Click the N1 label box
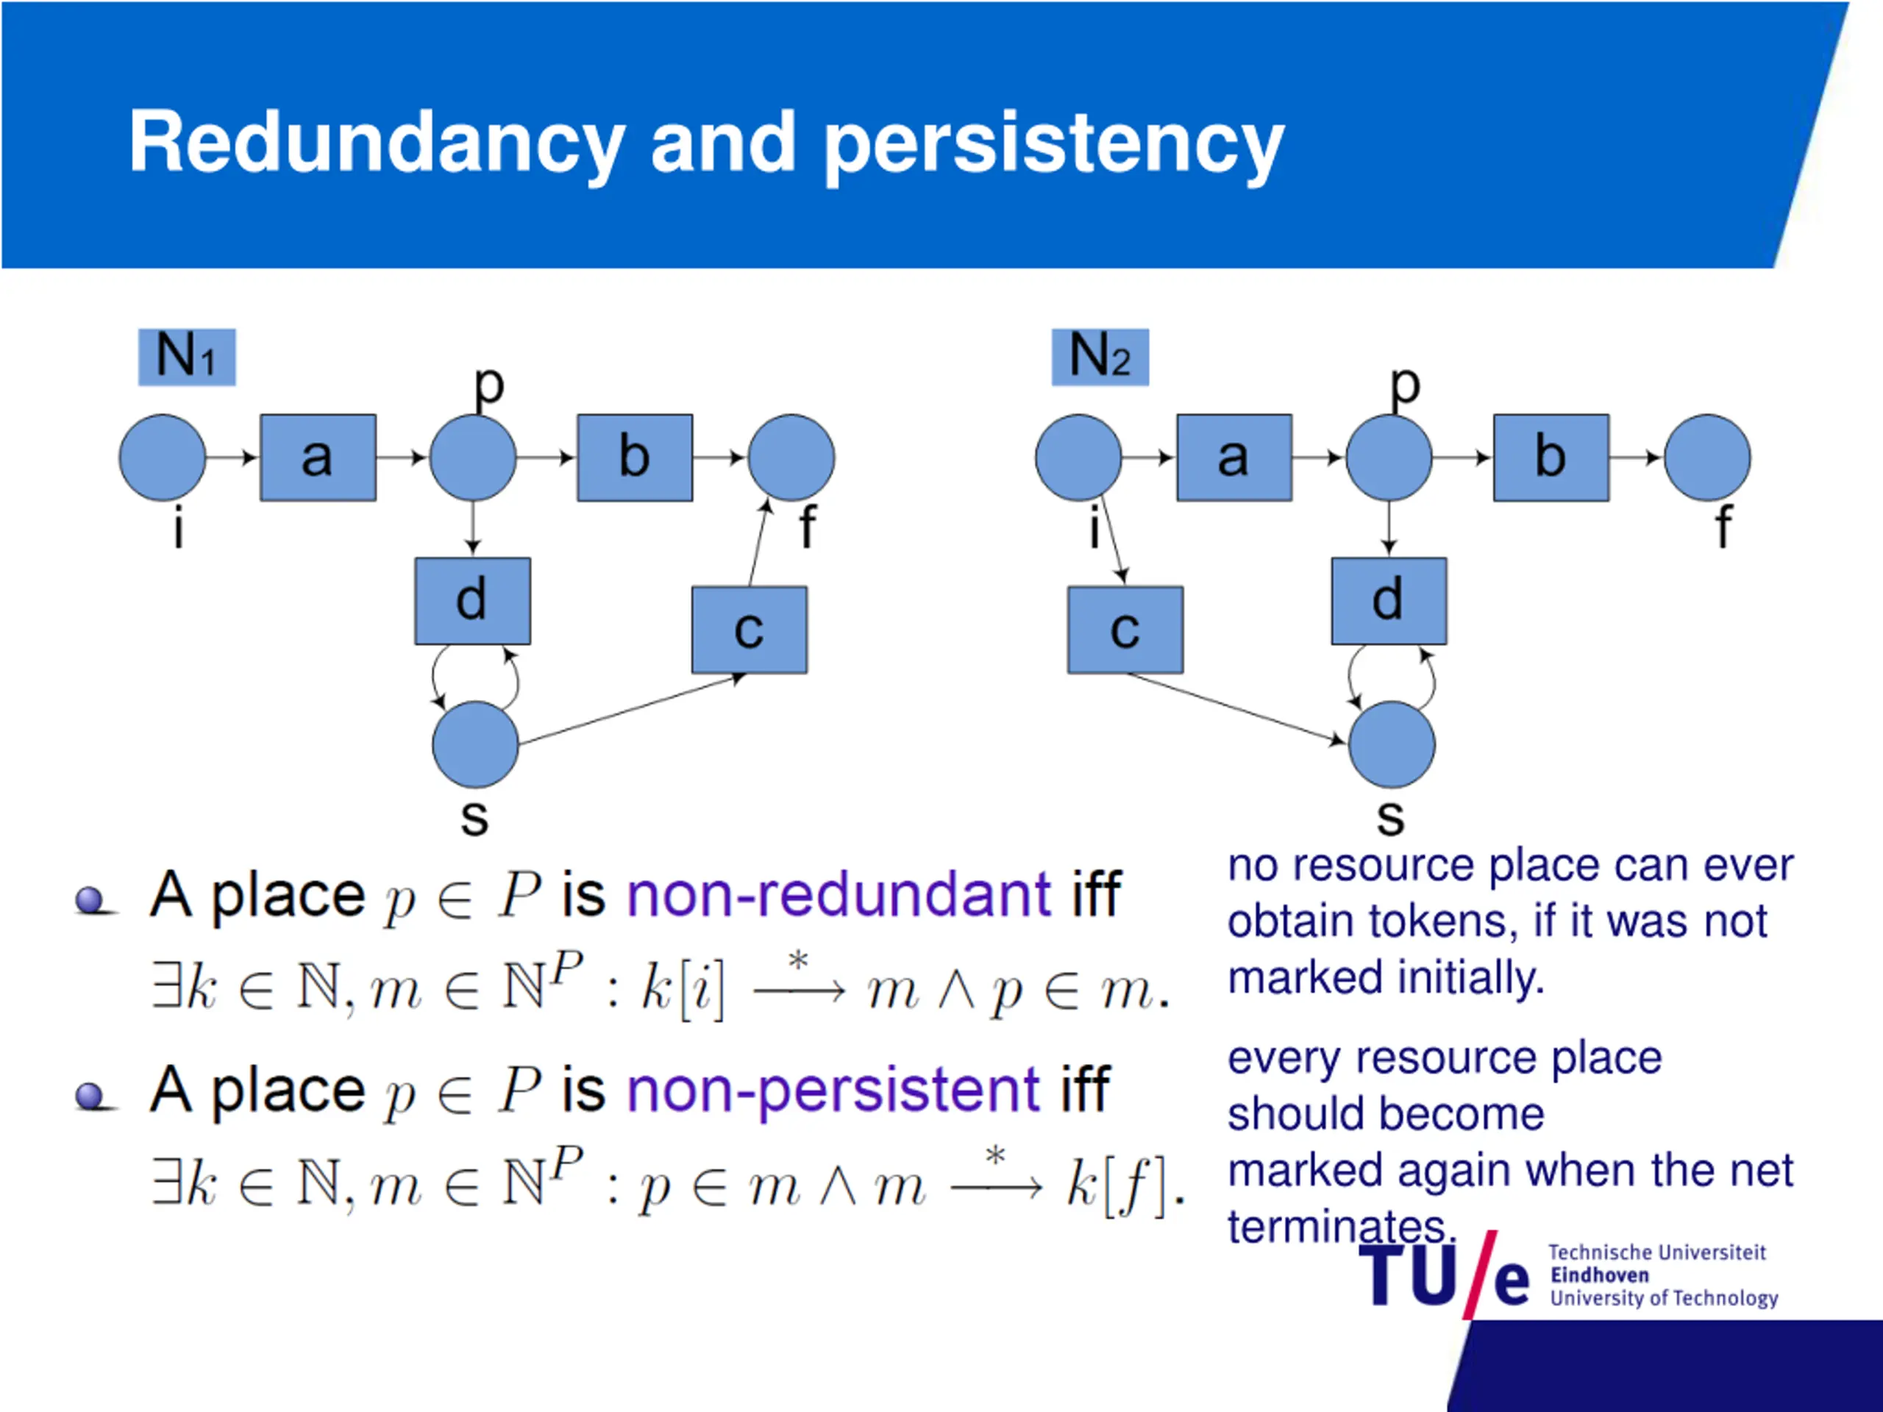click(x=186, y=357)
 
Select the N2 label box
click(x=1100, y=357)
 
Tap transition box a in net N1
click(x=318, y=458)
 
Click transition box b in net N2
click(x=1551, y=458)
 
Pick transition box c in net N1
click(x=749, y=630)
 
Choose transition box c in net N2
click(x=1125, y=630)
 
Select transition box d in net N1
click(x=472, y=601)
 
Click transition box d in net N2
click(x=1389, y=601)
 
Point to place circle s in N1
click(x=475, y=744)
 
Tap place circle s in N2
click(x=1392, y=744)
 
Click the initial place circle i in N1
click(x=163, y=458)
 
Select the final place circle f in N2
click(x=1706, y=458)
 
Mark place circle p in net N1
click(x=472, y=458)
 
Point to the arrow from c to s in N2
click(x=1234, y=708)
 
